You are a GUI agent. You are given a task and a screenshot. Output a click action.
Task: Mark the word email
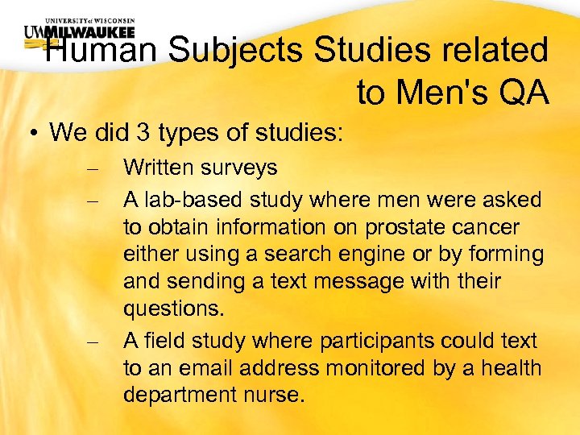209,369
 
